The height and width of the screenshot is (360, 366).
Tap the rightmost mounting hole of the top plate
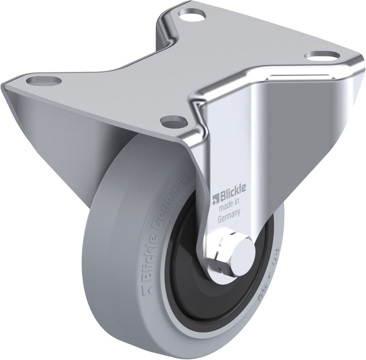tap(319, 55)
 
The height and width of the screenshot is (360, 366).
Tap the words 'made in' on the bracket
tap(230, 208)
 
